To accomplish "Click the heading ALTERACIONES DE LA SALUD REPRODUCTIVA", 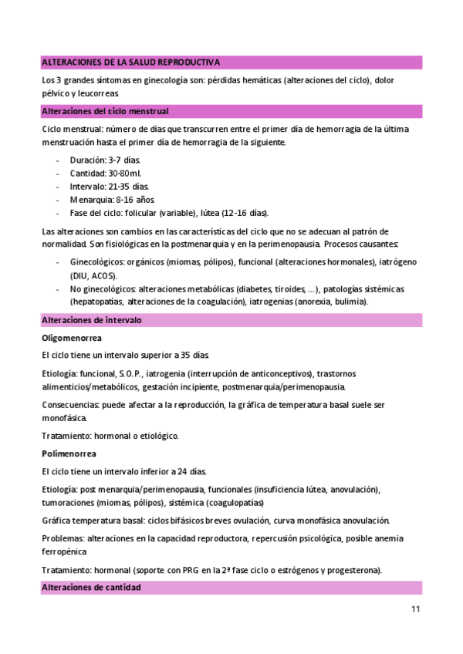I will click(x=130, y=62).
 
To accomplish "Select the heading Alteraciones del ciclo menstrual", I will click(x=104, y=111).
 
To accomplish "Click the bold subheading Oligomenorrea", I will click(x=73, y=338).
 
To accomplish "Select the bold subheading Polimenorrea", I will click(x=69, y=453).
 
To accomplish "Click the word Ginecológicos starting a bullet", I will click(x=96, y=262).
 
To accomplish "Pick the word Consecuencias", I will click(x=70, y=404).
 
